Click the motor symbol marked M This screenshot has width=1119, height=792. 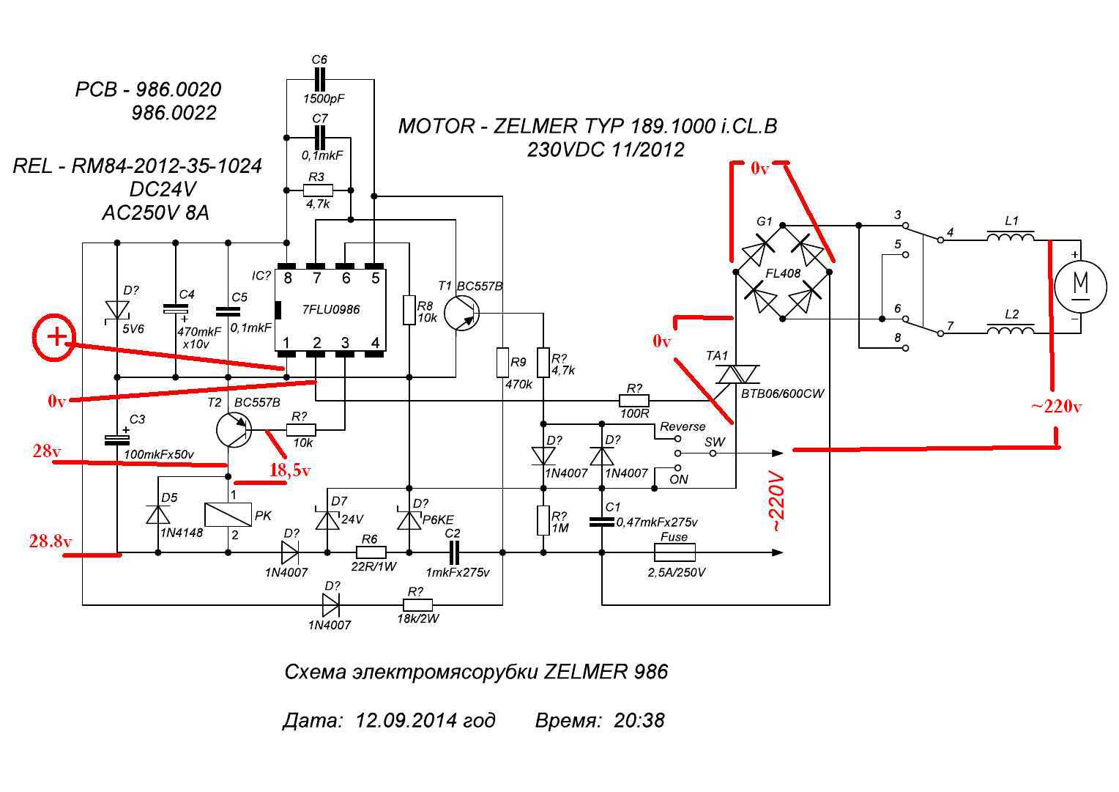pos(1080,286)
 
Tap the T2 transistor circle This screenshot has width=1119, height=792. pos(234,429)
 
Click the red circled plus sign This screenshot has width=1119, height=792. pos(54,337)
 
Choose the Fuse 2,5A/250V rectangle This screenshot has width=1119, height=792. pos(674,552)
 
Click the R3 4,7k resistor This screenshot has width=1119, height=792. pos(318,190)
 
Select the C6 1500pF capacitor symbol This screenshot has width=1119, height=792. pos(319,79)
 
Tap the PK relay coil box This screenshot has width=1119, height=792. pos(228,514)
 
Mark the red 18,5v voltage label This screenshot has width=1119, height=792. pos(290,470)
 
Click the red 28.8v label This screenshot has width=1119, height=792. pos(51,541)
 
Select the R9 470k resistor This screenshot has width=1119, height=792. pos(502,362)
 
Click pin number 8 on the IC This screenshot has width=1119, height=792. pos(288,278)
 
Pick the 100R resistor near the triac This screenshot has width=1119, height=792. pos(634,400)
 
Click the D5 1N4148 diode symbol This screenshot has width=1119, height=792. pos(158,514)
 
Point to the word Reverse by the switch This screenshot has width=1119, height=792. pos(683,426)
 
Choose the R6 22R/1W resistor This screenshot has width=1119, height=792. pos(371,552)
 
